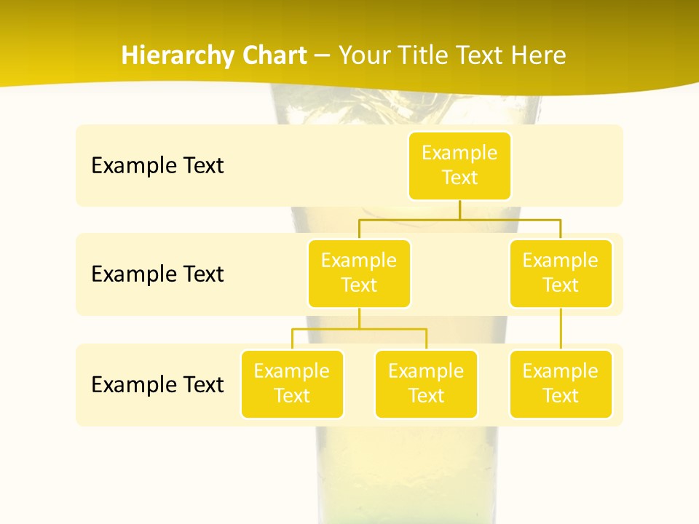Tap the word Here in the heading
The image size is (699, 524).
[538, 55]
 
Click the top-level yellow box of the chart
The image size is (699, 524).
[459, 165]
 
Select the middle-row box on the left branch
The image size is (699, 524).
[359, 273]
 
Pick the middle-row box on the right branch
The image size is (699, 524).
[561, 273]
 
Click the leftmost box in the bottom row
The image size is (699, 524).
[292, 384]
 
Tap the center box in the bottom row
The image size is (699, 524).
[426, 384]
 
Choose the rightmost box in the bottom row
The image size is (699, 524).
[561, 384]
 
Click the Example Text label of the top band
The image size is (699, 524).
[157, 165]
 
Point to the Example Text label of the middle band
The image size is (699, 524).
[157, 274]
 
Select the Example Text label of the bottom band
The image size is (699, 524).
[157, 384]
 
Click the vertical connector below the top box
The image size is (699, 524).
[459, 210]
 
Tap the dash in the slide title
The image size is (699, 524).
[323, 56]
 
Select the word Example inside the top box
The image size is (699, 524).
[459, 153]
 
